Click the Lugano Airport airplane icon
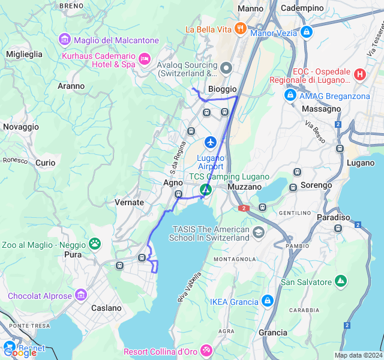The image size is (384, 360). (210, 142)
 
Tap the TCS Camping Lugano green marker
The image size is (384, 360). (206, 190)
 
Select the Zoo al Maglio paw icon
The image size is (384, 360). (95, 243)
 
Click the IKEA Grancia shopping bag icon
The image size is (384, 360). (268, 301)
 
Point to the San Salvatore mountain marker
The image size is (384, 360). (341, 281)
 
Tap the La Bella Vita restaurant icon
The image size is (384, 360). (240, 28)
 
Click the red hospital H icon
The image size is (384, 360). (359, 74)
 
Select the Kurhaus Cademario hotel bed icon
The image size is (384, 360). (144, 59)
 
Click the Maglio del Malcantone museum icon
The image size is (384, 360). (64, 40)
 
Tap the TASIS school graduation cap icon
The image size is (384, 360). (259, 232)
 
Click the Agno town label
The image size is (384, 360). (173, 182)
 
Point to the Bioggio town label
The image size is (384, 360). (222, 89)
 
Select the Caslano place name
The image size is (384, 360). (106, 308)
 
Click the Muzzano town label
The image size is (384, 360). (245, 187)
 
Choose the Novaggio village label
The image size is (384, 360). (20, 127)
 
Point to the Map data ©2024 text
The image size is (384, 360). (358, 355)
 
